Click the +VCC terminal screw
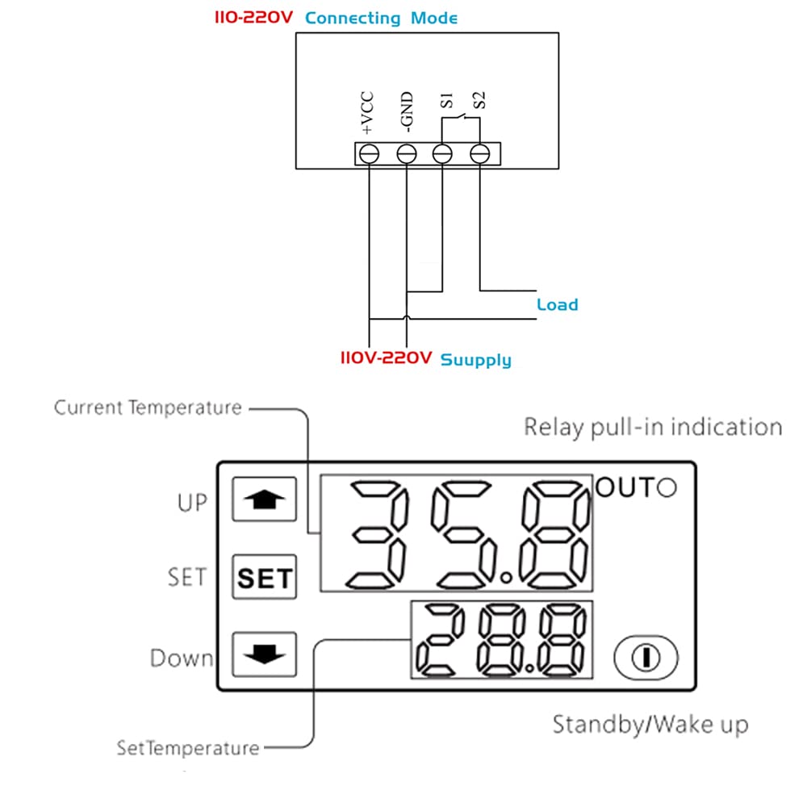tap(369, 153)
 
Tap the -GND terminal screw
tap(406, 153)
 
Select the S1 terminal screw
tap(442, 153)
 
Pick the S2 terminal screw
tap(479, 153)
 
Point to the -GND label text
tap(407, 113)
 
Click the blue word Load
tap(558, 305)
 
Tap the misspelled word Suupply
tap(475, 359)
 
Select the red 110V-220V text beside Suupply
tap(386, 358)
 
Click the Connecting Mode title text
tap(382, 18)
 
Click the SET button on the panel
tap(265, 578)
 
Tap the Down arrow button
tap(265, 654)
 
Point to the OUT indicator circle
tap(667, 488)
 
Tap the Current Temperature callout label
tap(148, 408)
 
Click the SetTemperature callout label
tap(188, 748)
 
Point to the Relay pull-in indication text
tap(653, 427)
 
